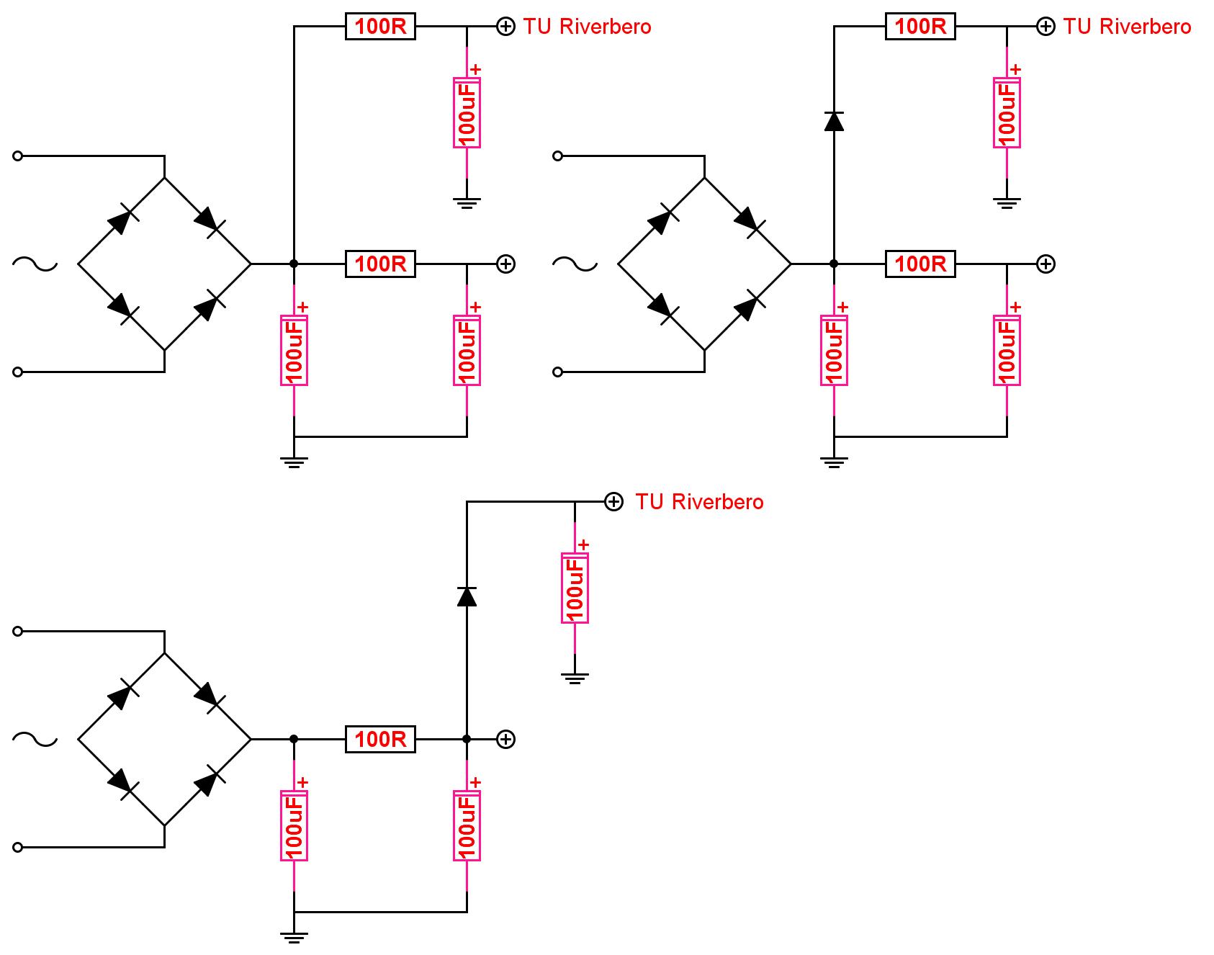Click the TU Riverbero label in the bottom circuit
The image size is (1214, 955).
coord(699,501)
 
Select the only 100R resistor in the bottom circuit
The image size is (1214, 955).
coord(380,739)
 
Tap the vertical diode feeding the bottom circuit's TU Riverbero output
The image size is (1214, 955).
coord(467,596)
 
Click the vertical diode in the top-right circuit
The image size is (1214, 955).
coord(834,121)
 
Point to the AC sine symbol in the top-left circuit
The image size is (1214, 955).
coord(35,264)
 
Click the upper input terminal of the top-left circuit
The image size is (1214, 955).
coord(18,156)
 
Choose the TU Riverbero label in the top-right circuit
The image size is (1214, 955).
coord(1127,27)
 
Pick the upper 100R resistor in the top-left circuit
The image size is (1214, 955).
coord(380,27)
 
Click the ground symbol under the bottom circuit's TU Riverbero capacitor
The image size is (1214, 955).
coord(575,678)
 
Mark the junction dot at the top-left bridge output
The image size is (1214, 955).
coord(294,264)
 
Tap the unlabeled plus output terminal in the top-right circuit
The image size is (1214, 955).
coord(1046,264)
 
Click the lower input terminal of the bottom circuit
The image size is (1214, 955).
coord(18,847)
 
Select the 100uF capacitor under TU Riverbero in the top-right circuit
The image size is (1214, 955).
coord(1007,112)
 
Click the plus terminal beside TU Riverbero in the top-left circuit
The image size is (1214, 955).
coord(506,27)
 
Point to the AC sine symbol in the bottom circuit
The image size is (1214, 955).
coord(35,739)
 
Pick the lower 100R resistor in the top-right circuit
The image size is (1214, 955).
coord(920,264)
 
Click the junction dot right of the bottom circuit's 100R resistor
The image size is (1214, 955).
coord(467,739)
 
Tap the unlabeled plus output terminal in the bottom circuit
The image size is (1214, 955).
coord(506,739)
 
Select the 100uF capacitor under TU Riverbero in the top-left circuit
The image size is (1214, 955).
coord(467,112)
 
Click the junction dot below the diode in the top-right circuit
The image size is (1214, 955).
coord(834,264)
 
